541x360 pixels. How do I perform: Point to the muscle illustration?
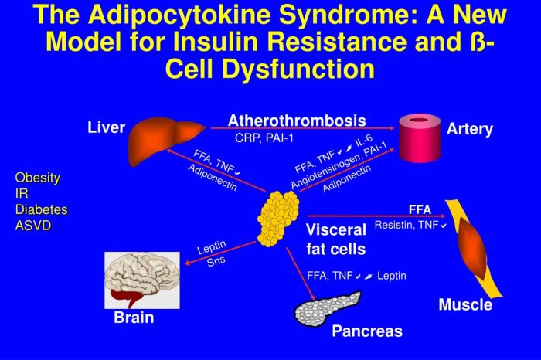474,249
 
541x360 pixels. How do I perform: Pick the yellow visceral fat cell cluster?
279,219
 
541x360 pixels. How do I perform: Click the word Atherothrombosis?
297,121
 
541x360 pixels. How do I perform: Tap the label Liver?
107,127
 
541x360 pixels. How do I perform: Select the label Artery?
470,129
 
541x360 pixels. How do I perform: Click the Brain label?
134,318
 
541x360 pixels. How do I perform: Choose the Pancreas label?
367,331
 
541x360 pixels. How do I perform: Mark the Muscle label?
465,304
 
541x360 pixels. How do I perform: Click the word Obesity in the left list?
38,178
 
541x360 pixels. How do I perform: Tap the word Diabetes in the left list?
42,209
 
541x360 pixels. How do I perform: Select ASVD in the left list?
33,225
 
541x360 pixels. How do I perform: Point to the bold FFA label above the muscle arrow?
420,209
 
